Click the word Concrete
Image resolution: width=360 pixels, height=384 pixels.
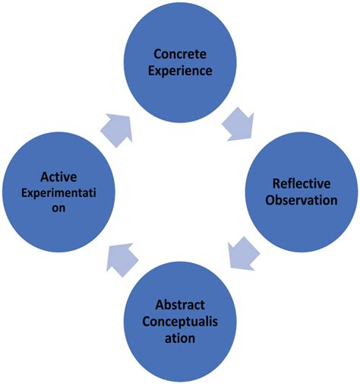pyautogui.click(x=179, y=54)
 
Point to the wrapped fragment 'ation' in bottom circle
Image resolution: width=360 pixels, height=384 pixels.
pyautogui.click(x=179, y=337)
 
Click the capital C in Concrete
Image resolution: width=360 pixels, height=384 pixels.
pyautogui.click(x=157, y=54)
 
